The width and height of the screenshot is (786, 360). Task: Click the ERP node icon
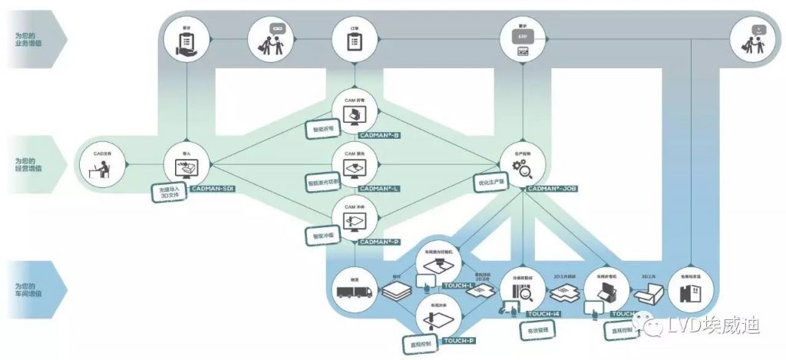pos(522,38)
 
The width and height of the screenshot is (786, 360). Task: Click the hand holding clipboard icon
pos(185,38)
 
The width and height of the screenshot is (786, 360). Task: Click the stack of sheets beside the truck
pos(397,292)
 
